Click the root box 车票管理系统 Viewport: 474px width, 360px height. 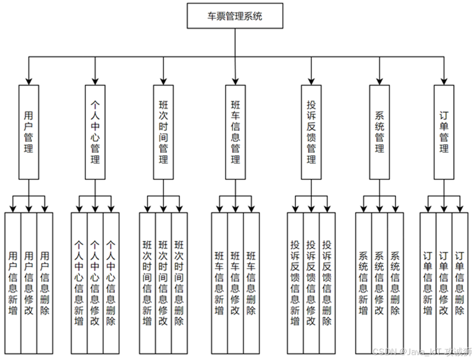click(x=235, y=16)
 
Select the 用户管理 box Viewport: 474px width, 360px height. click(x=28, y=132)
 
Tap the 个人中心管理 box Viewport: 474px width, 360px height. click(x=95, y=132)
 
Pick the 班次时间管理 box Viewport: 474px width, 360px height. click(x=163, y=132)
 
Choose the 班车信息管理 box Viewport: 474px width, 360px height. click(x=235, y=132)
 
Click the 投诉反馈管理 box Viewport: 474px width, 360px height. click(x=311, y=132)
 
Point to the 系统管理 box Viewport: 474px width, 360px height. click(x=379, y=132)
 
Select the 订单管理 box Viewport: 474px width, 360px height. click(x=444, y=132)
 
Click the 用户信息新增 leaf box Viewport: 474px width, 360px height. click(x=13, y=282)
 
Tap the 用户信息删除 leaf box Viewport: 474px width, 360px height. click(x=45, y=282)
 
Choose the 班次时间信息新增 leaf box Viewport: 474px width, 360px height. click(x=147, y=282)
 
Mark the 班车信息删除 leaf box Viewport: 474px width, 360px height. click(x=251, y=282)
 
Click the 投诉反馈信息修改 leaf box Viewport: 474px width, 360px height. click(x=311, y=282)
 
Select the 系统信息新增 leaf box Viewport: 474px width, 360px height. click(x=363, y=282)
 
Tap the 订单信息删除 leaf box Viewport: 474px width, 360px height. click(x=460, y=282)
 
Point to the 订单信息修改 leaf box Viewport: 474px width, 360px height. click(x=444, y=282)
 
